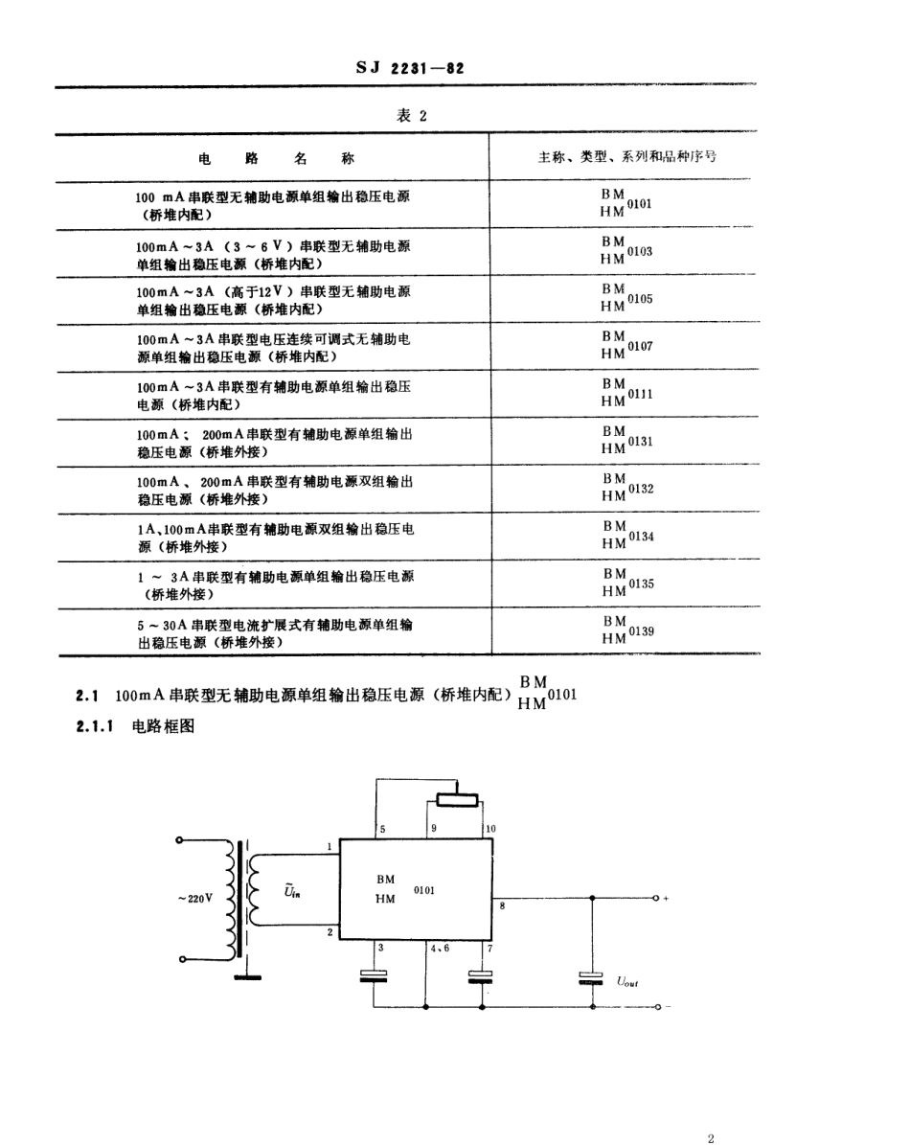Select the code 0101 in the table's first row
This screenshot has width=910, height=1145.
pos(640,204)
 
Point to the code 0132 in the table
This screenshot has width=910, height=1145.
pos(640,488)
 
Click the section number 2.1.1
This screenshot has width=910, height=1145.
pos(95,726)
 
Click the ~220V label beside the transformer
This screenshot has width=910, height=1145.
pos(194,899)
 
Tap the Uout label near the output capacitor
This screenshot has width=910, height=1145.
pos(629,980)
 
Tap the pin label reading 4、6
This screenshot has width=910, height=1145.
pos(440,948)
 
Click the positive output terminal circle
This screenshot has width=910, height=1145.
pos(656,898)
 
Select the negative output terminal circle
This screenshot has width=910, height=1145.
pos(656,1007)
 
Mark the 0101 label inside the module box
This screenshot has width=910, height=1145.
pos(424,890)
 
